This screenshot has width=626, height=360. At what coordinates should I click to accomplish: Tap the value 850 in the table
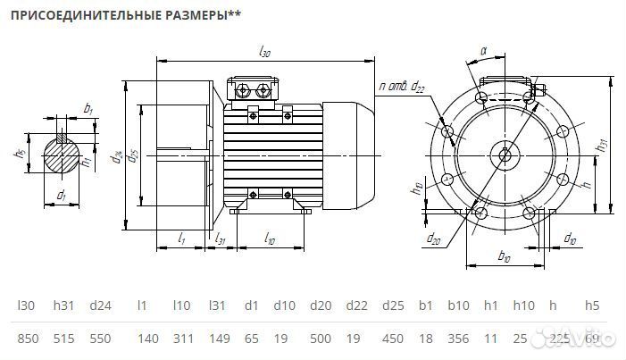coord(28,339)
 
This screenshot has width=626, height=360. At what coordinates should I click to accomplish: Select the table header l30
coord(26,306)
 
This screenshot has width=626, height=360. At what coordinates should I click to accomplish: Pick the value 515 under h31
coord(63,339)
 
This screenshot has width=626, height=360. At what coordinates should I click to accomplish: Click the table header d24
coord(100,306)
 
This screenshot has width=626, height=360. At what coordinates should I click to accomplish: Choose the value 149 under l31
coord(218,339)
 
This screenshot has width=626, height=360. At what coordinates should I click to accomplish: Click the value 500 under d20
coord(321,339)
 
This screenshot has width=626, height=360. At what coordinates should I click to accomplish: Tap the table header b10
coord(458,306)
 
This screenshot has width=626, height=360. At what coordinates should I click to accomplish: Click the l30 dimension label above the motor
coord(264,53)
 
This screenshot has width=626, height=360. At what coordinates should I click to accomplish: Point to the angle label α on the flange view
coord(483,52)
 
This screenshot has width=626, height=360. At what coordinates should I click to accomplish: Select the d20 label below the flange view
coord(432,239)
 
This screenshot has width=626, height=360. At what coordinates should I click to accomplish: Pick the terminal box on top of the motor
coord(255,90)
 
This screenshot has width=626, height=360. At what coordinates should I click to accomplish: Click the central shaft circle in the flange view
coord(505,155)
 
